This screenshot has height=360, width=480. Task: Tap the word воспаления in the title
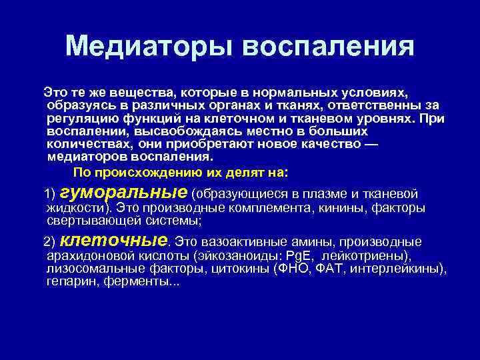tap(328, 46)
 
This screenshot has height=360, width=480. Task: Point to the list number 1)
tap(50, 195)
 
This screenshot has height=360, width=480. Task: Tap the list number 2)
tap(50, 241)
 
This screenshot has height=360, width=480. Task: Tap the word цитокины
tap(243, 269)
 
